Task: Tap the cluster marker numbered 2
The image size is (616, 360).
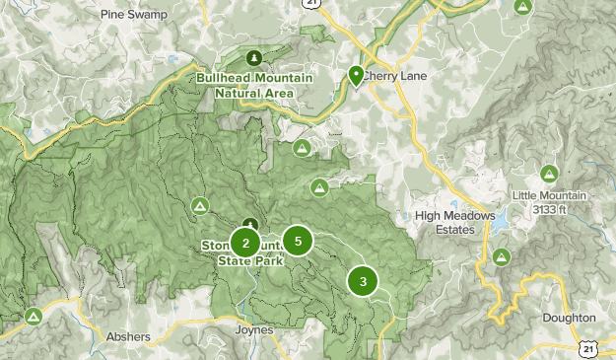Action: [245, 243]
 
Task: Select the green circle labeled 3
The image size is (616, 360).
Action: [363, 281]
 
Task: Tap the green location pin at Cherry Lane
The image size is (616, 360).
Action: [356, 75]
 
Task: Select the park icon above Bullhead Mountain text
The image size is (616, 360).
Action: [256, 57]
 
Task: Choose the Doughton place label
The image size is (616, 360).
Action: [569, 318]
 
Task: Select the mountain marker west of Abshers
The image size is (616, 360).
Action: [34, 317]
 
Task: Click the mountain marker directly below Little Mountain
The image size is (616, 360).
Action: [502, 256]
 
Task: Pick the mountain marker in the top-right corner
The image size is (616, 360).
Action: [523, 7]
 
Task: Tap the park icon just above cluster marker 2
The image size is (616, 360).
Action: [251, 224]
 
